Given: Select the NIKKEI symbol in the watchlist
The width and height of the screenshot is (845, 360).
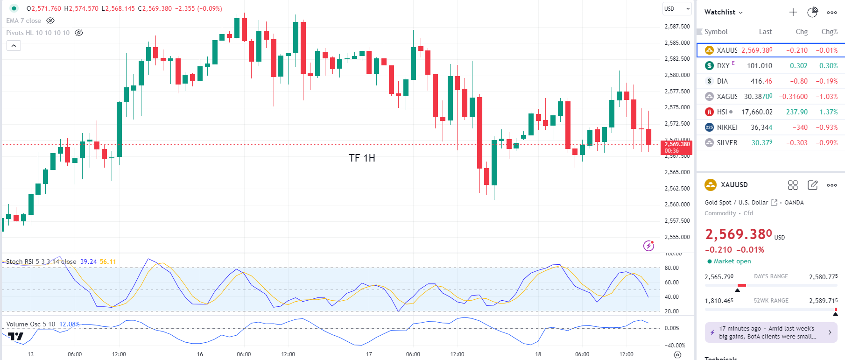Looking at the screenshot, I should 727,127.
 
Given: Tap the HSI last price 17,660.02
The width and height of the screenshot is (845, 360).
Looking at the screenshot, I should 757,112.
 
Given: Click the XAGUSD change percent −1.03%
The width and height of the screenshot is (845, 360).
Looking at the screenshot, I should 826,97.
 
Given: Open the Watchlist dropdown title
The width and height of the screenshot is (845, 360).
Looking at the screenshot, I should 723,12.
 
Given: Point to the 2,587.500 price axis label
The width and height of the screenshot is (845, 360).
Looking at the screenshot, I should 677,27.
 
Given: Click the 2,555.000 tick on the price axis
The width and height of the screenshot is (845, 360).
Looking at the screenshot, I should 677,237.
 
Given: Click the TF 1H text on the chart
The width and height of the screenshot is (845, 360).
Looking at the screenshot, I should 362,158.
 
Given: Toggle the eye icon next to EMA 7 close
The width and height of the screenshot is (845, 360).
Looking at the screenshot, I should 50,21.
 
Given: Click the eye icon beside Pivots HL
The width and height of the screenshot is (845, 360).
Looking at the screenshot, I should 79,33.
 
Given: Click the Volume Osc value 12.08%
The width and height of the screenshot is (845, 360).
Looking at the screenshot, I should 69,324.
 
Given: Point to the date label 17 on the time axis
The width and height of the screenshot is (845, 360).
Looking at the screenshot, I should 369,354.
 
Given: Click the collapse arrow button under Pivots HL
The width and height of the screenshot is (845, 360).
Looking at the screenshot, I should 14,46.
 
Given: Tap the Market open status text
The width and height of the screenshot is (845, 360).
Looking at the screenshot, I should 732,261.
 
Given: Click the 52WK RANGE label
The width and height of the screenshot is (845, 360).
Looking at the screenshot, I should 771,301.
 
